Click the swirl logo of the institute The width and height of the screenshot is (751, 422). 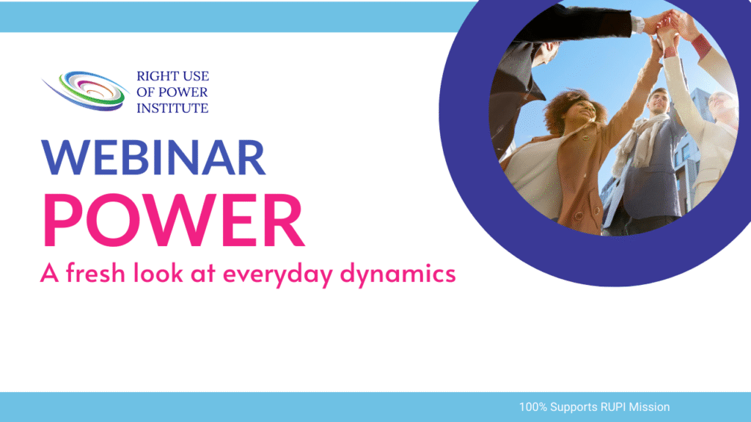pyautogui.click(x=85, y=90)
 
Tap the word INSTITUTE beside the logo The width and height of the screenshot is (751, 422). pyautogui.click(x=172, y=108)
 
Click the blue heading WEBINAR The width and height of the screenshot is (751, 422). pyautogui.click(x=153, y=158)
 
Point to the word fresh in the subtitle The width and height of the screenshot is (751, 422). pyautogui.click(x=95, y=273)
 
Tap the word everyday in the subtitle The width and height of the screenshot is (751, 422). pyautogui.click(x=278, y=274)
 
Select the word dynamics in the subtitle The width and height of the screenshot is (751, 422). pyautogui.click(x=398, y=273)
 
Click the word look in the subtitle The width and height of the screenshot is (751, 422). pyautogui.click(x=158, y=273)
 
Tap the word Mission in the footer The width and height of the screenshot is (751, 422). pyautogui.click(x=650, y=407)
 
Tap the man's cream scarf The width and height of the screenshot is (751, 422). pyautogui.click(x=640, y=138)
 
